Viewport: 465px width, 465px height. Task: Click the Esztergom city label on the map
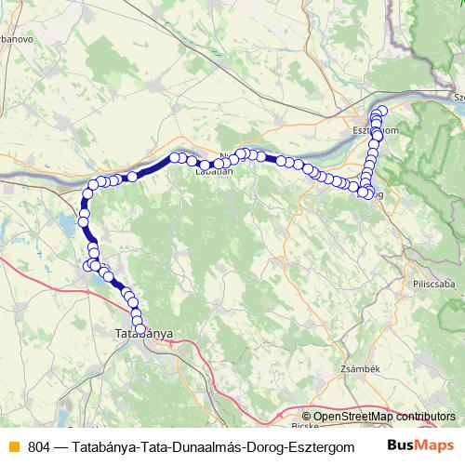tap(377, 131)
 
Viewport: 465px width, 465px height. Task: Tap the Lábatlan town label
tap(213, 170)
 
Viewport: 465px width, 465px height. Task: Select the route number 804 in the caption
tap(40, 445)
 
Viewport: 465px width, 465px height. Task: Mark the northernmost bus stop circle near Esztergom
tap(381, 111)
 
